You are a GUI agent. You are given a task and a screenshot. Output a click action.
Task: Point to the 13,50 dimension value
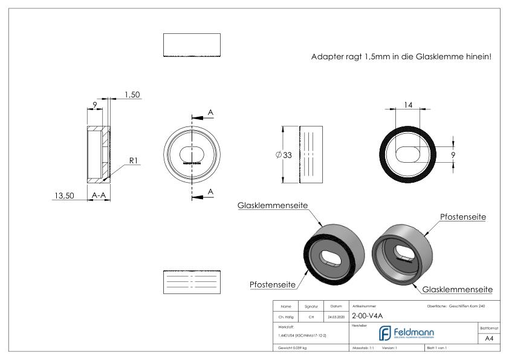(64, 195)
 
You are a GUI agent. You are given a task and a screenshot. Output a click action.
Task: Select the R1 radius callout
(134, 161)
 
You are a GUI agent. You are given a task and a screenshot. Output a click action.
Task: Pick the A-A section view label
(99, 195)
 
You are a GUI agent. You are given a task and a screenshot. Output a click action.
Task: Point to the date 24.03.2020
(336, 316)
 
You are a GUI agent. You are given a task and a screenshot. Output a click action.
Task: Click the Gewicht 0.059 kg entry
(291, 349)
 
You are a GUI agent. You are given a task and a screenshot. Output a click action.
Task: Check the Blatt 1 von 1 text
(439, 349)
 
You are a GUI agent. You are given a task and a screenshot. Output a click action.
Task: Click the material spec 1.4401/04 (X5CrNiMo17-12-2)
(302, 335)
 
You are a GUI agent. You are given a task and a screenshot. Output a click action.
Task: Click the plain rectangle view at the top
(192, 44)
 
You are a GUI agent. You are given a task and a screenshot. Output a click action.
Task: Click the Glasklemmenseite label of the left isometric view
(272, 206)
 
